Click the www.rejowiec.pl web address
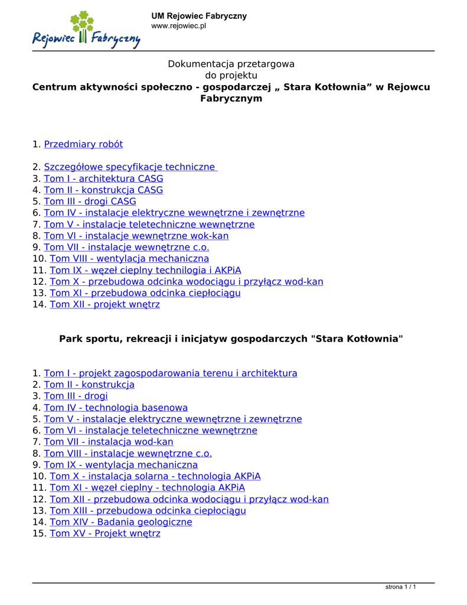click(x=178, y=26)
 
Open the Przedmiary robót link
click(x=83, y=144)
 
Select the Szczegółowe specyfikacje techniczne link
click(x=130, y=167)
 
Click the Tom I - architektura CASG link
click(x=103, y=178)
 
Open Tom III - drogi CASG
click(x=90, y=201)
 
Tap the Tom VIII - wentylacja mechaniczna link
click(x=129, y=259)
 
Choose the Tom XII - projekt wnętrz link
click(x=104, y=305)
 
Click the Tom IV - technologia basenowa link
click(x=116, y=408)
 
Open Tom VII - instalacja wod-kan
click(x=109, y=442)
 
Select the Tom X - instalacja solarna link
click(x=155, y=476)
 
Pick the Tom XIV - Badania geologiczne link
click(x=121, y=522)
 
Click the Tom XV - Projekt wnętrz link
click(x=105, y=534)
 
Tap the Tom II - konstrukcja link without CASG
click(x=89, y=385)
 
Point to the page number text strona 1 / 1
click(x=400, y=587)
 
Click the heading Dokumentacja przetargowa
click(x=231, y=64)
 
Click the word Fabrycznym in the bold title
click(x=231, y=99)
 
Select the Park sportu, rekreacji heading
click(x=231, y=339)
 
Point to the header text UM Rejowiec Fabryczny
click(x=199, y=16)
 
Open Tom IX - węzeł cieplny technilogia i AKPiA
click(x=145, y=271)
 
